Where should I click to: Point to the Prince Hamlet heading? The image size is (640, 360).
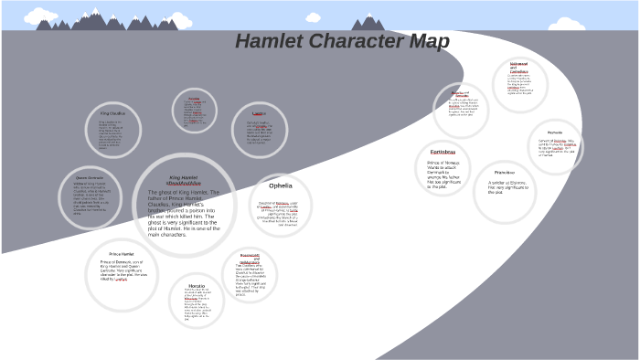point(123,253)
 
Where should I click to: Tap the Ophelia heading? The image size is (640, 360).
point(280,185)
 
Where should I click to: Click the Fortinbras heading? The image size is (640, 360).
point(442,152)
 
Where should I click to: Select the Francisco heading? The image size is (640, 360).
point(505,173)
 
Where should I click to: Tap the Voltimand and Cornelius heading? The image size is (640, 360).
point(519,69)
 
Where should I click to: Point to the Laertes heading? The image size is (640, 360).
point(259,113)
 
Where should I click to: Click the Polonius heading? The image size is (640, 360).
point(194,98)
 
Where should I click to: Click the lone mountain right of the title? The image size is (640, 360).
point(368,22)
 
